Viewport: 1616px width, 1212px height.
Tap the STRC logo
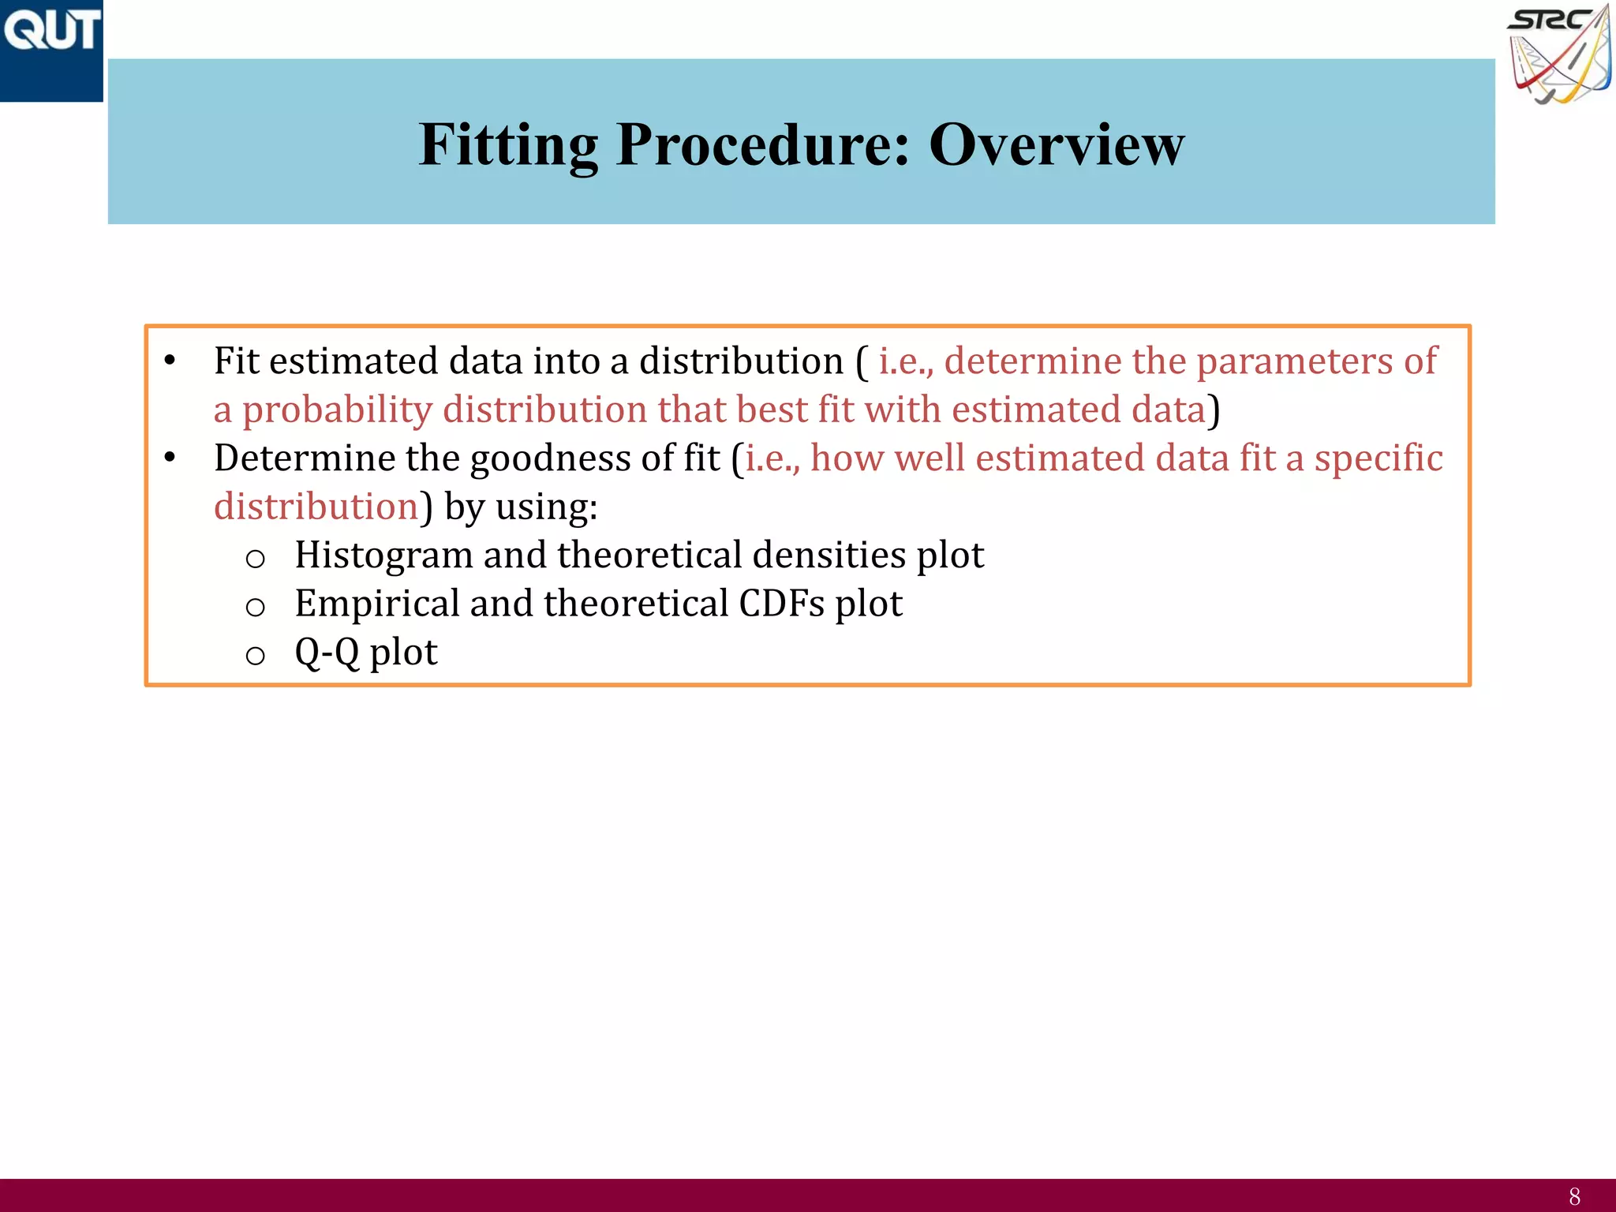(x=1559, y=54)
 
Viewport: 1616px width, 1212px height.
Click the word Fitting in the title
(x=508, y=145)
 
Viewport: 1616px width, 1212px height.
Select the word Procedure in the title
(x=762, y=145)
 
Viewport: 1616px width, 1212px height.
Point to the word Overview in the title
(x=1057, y=145)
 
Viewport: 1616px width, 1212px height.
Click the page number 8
(x=1574, y=1196)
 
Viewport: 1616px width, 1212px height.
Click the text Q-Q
(x=327, y=653)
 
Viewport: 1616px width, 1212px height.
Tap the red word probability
(x=337, y=410)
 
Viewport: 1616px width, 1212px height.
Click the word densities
(x=829, y=555)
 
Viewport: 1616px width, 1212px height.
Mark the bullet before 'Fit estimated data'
(x=170, y=361)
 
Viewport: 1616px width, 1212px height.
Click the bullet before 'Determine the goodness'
(x=170, y=458)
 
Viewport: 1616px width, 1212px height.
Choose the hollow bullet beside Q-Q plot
(x=255, y=655)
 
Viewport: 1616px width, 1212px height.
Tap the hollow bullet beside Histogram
(x=255, y=559)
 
